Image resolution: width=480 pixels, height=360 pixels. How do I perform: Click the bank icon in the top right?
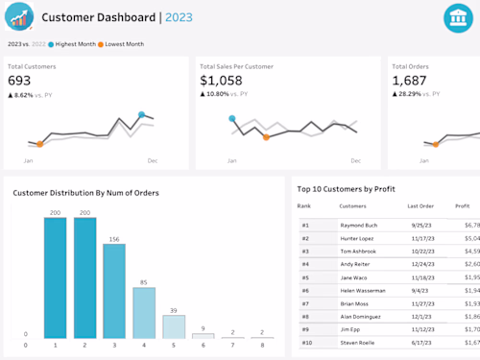457,18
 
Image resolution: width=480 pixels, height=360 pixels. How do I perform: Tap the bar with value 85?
144,315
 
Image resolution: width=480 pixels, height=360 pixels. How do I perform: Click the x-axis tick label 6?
203,345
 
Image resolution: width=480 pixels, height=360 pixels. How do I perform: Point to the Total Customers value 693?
19,81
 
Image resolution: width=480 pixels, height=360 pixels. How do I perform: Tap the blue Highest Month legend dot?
52,44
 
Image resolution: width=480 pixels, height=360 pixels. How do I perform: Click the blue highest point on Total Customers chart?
141,115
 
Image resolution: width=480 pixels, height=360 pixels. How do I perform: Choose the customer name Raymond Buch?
358,225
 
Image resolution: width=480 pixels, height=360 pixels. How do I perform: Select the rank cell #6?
305,290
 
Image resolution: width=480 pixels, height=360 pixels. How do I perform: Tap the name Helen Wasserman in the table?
363,290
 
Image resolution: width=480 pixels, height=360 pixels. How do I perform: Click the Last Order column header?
420,205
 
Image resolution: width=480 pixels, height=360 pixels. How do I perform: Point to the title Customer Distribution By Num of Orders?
85,193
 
